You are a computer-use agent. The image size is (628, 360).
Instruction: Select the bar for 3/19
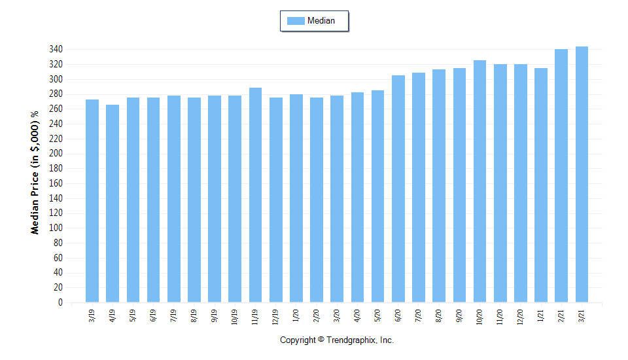tap(92, 201)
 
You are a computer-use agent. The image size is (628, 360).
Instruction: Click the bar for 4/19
tap(113, 204)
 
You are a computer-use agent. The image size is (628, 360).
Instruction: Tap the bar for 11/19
tap(255, 195)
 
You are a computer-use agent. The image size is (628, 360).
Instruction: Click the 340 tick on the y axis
tap(56, 50)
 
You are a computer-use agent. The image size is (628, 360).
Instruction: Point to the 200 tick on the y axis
tap(56, 154)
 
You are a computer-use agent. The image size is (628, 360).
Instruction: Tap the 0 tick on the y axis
tap(60, 303)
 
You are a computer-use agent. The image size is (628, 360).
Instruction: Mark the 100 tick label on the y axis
tap(56, 228)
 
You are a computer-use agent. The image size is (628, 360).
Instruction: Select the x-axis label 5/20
tap(378, 316)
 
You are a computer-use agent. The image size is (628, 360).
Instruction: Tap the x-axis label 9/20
tap(460, 316)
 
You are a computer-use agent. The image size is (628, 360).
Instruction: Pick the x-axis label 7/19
tap(174, 316)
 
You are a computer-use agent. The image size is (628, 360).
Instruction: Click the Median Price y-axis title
tap(35, 171)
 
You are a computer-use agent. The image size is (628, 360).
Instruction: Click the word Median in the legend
tap(321, 21)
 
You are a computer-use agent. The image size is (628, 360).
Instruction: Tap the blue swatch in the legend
tap(296, 21)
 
